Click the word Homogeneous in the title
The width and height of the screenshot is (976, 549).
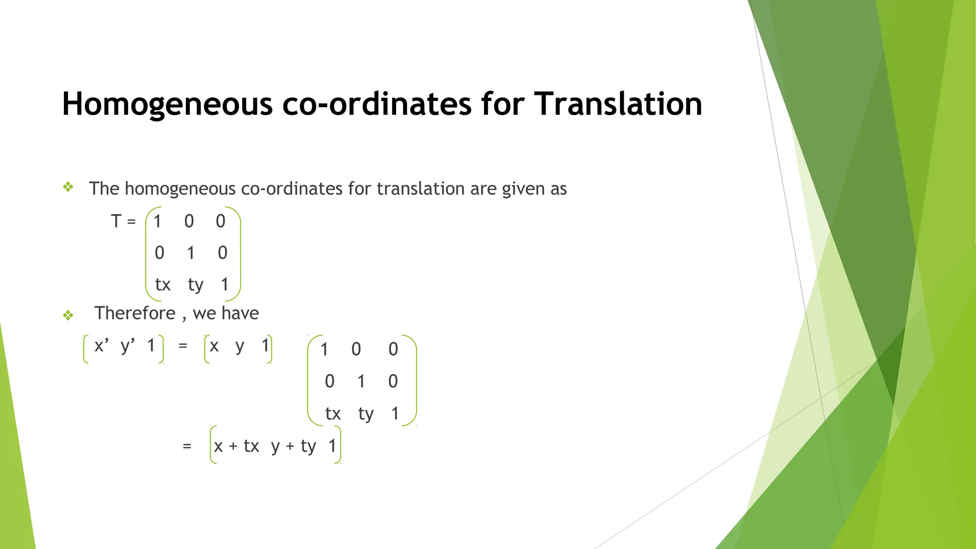pos(167,104)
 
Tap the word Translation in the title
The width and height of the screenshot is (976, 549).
pos(618,103)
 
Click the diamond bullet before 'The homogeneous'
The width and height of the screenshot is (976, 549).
pos(68,187)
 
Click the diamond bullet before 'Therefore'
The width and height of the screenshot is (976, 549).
pos(68,315)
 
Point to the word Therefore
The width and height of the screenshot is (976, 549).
pos(135,313)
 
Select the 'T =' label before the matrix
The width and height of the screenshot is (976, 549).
pos(123,221)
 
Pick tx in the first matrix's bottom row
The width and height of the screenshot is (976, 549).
pos(163,285)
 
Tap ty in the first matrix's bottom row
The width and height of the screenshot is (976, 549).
pos(195,285)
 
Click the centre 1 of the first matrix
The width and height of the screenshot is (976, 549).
pos(191,253)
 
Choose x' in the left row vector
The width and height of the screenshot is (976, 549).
pos(102,345)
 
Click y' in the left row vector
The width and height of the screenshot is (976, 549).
pos(128,346)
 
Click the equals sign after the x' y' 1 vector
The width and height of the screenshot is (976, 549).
pos(183,346)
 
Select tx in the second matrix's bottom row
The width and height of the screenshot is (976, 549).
pos(333,413)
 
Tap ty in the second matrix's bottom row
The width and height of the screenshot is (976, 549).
pos(366,414)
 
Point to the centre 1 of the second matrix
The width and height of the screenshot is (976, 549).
pos(361,381)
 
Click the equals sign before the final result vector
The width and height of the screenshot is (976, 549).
pos(187,446)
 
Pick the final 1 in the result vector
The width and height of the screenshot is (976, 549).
pos(332,446)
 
